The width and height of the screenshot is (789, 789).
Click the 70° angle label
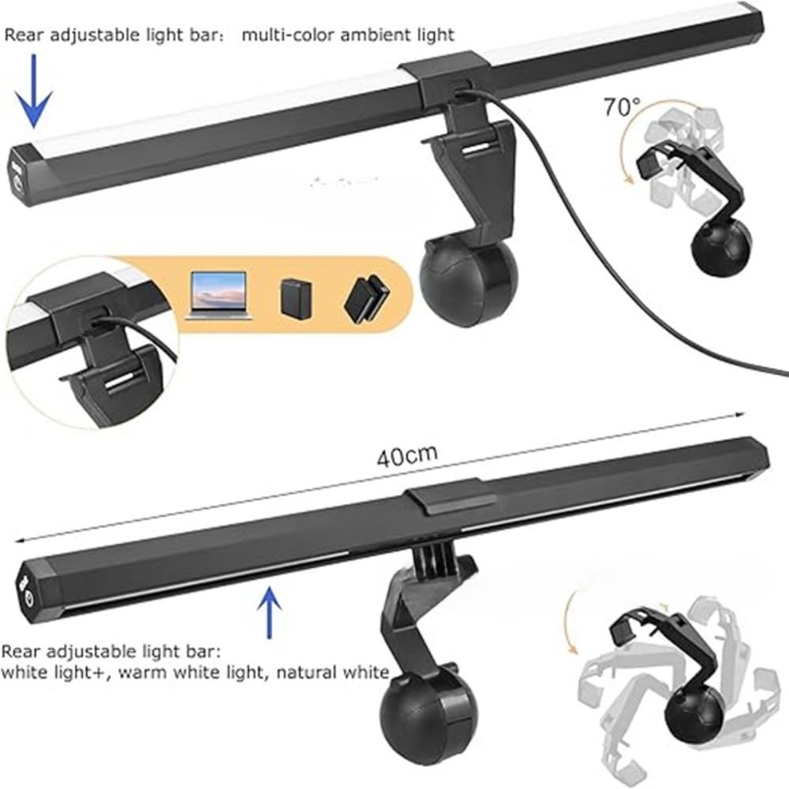[623, 107]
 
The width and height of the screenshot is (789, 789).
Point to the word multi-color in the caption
[280, 34]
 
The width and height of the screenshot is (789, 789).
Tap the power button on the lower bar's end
[28, 597]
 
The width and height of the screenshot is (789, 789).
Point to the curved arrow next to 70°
[626, 154]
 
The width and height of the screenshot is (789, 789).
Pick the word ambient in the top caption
[365, 34]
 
